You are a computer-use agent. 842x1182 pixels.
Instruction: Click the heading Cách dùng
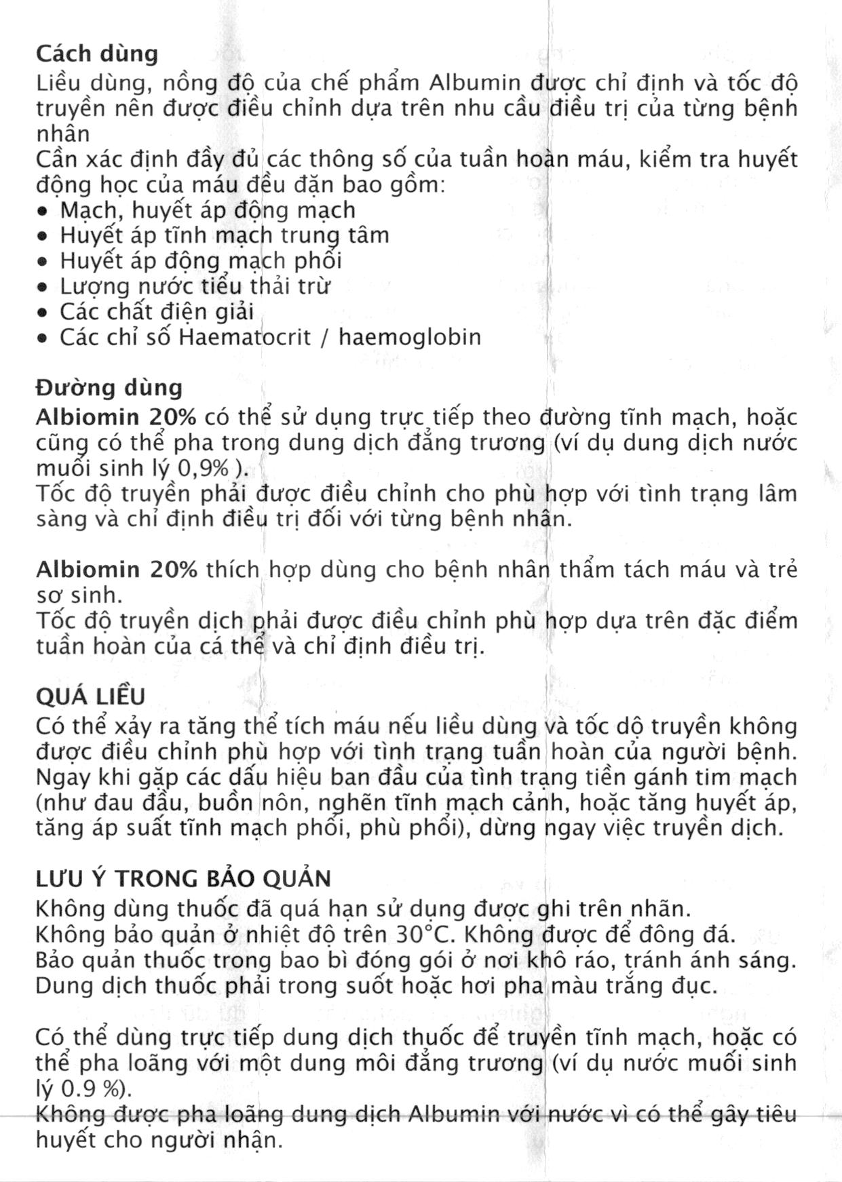[96, 54]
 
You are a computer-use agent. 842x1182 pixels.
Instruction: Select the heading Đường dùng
[109, 388]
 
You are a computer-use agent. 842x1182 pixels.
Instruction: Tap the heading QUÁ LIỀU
[90, 696]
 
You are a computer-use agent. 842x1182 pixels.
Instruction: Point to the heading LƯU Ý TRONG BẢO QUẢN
[183, 879]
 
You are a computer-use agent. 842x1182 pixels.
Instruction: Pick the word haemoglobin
[410, 337]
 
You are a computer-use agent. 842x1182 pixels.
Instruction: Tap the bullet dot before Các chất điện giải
[43, 313]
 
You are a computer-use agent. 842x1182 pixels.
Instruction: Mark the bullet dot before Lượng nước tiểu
[43, 288]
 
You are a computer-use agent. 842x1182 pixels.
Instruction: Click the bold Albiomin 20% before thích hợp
[116, 569]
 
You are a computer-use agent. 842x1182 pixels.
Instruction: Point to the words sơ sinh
[79, 596]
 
